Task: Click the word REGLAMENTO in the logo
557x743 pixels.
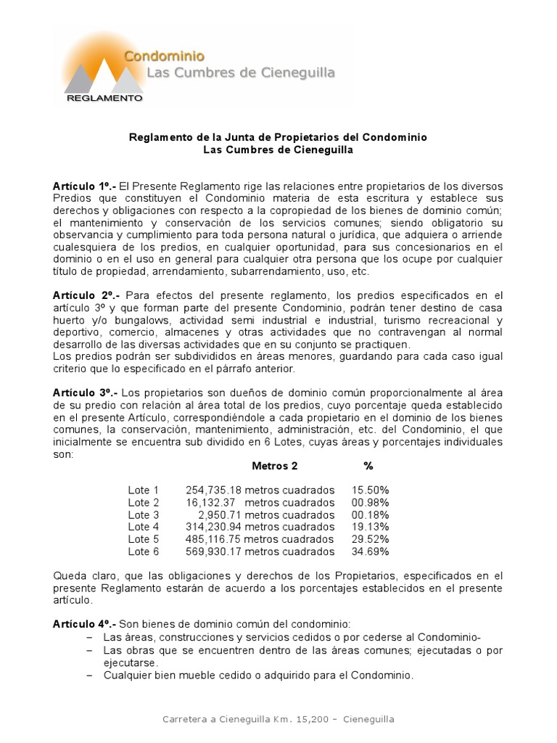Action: [x=104, y=97]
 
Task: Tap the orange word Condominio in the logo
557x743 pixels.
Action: [x=164, y=56]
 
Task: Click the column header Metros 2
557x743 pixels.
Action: [x=274, y=466]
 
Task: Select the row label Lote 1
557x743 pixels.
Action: [x=143, y=490]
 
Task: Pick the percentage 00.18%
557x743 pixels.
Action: [x=370, y=515]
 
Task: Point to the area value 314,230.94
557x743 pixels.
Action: [x=214, y=528]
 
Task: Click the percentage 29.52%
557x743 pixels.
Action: [x=370, y=539]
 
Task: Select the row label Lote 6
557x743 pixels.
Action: [x=143, y=551]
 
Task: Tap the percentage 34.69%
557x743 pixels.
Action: [x=370, y=551]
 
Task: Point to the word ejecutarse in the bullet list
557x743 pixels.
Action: [x=130, y=662]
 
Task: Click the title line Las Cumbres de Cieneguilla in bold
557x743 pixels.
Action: [x=278, y=150]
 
